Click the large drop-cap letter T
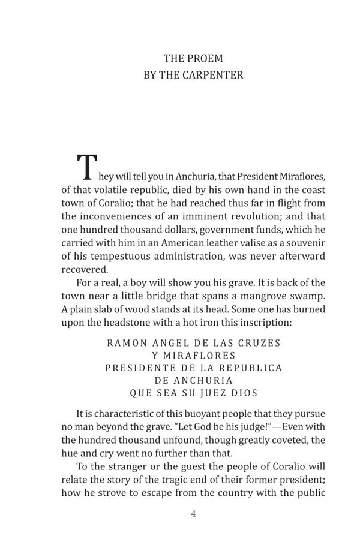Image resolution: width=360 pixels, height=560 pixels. click(x=88, y=168)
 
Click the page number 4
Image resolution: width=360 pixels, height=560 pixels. click(x=193, y=514)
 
